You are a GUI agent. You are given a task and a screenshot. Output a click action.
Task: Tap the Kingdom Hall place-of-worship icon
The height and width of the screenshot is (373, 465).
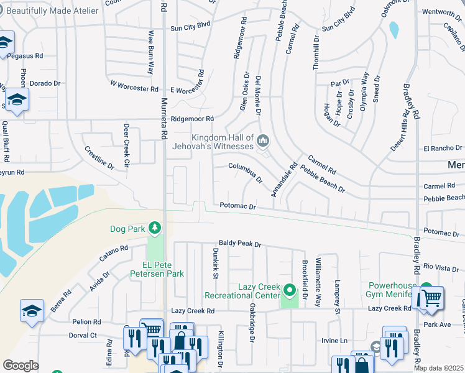263,142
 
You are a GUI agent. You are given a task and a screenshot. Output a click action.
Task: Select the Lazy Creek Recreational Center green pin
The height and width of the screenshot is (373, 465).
289,290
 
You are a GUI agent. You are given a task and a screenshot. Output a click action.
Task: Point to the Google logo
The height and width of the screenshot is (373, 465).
21,366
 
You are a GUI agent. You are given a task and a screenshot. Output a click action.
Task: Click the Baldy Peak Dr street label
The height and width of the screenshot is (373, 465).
240,244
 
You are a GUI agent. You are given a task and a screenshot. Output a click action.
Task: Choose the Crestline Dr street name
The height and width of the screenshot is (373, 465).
99,158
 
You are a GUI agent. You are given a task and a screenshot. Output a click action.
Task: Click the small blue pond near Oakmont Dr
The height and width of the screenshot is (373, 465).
394,30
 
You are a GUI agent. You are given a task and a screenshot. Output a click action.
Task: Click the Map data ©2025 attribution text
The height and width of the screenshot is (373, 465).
439,368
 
